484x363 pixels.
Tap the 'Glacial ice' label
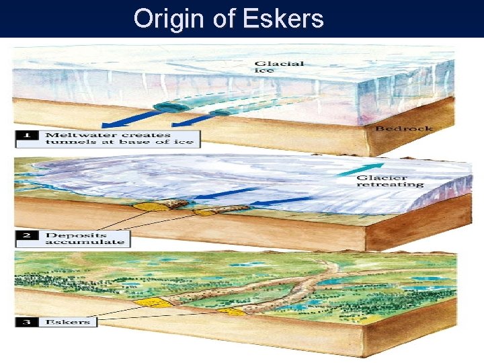click(x=278, y=68)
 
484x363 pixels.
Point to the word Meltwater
click(x=71, y=134)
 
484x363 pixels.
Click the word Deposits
click(x=67, y=235)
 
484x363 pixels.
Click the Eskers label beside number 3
click(x=68, y=322)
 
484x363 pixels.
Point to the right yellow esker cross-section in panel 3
click(x=231, y=311)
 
